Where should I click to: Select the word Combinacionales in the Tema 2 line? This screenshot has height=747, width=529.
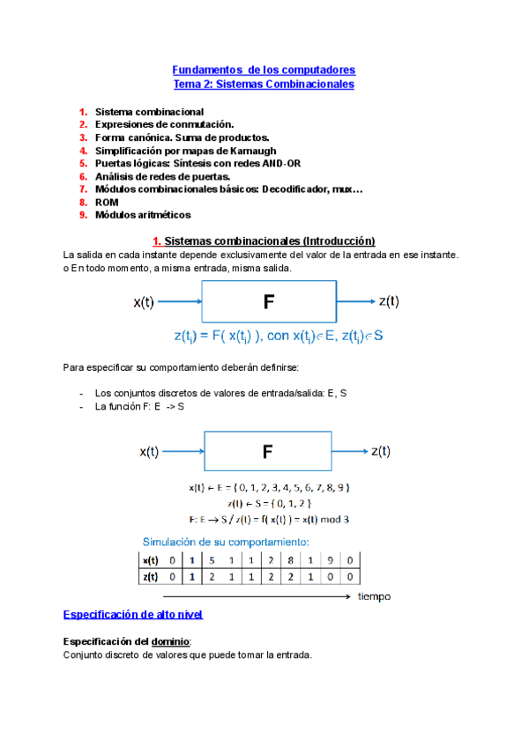pyautogui.click(x=312, y=85)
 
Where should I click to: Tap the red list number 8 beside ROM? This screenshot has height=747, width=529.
pyautogui.click(x=82, y=202)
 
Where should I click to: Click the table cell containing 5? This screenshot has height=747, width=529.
pyautogui.click(x=212, y=559)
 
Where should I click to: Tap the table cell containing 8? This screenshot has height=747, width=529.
pyautogui.click(x=290, y=559)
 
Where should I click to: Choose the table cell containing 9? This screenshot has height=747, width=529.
pyautogui.click(x=330, y=559)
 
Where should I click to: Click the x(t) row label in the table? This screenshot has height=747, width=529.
pyautogui.click(x=152, y=559)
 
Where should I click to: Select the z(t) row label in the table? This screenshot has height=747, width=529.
pyautogui.click(x=152, y=577)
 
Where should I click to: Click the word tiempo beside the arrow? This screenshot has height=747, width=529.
pyautogui.click(x=374, y=596)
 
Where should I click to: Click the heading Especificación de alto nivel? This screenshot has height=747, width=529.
pyautogui.click(x=134, y=614)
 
